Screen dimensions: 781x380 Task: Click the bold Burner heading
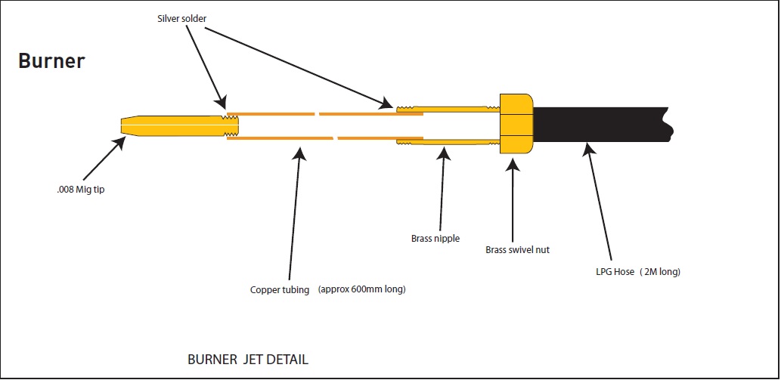click(52, 60)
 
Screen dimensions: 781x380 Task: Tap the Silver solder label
click(181, 18)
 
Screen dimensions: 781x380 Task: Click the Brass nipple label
click(435, 238)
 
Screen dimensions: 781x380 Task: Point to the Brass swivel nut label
click(517, 250)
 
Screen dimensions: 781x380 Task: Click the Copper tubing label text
click(280, 289)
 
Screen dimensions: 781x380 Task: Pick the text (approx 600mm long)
click(361, 289)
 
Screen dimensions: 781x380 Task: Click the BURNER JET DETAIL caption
click(247, 359)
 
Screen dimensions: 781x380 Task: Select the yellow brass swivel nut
click(516, 123)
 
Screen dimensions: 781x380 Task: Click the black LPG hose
click(603, 125)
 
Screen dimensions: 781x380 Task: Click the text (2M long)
click(661, 272)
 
